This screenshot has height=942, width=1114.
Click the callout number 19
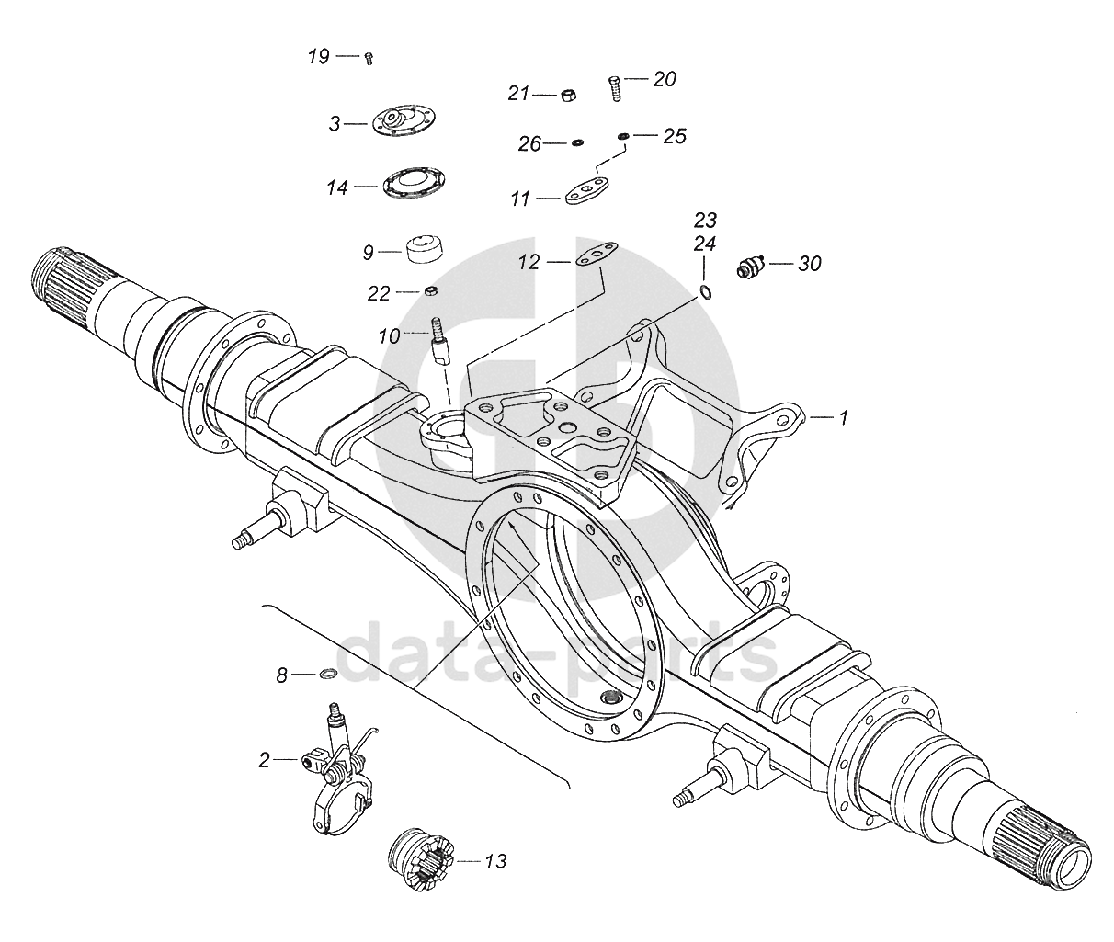click(318, 57)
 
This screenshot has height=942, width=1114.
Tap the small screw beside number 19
click(369, 57)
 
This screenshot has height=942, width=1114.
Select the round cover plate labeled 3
click(404, 121)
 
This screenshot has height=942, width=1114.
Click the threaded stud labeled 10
click(439, 339)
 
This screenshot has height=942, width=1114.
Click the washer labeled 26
click(578, 142)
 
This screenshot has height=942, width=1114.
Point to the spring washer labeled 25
click(623, 137)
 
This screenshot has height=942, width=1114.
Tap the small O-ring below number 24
click(705, 292)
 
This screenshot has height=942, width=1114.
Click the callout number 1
click(841, 418)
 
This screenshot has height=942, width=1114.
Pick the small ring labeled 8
click(326, 675)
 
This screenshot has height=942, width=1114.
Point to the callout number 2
click(265, 760)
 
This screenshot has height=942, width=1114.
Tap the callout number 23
click(705, 221)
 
